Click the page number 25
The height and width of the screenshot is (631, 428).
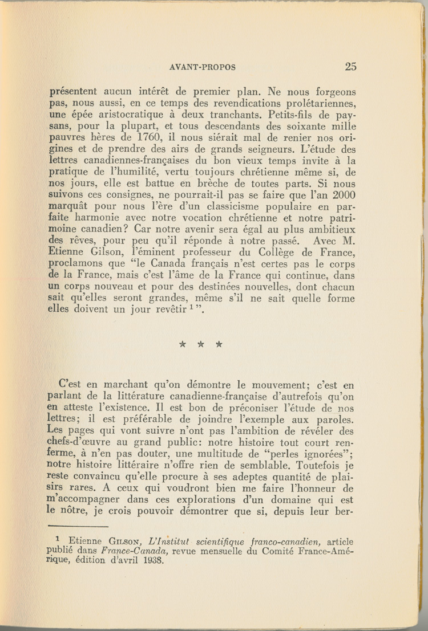pyautogui.click(x=350, y=67)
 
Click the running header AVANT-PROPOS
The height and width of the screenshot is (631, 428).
pyautogui.click(x=203, y=67)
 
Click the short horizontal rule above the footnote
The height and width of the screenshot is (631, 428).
pyautogui.click(x=70, y=523)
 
